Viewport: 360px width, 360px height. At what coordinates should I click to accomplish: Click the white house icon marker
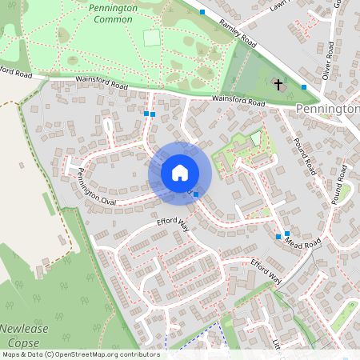point(180,173)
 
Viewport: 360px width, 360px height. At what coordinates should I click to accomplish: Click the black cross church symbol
point(279,84)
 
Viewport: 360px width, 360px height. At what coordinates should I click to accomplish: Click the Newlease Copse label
point(25,335)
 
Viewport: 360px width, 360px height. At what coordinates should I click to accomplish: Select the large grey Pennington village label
point(326,108)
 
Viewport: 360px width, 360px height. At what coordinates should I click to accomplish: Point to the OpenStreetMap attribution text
point(80,354)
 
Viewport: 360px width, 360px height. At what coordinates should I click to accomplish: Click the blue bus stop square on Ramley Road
point(202,12)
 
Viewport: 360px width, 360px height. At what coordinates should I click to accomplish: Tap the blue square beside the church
point(304,86)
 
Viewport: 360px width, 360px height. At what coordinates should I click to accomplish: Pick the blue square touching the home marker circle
point(196,194)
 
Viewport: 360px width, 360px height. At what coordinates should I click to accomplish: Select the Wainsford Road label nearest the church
point(238,100)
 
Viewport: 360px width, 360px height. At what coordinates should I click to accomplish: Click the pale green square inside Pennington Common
point(151,37)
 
